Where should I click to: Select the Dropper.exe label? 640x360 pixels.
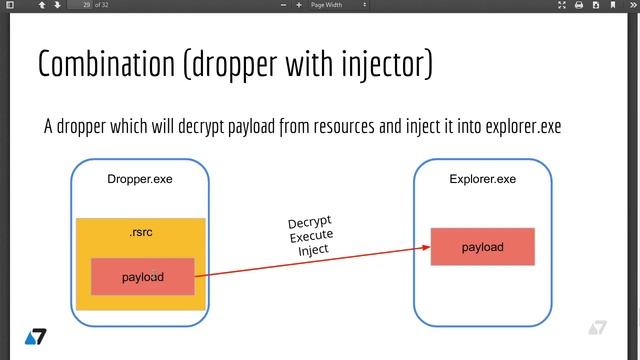140,180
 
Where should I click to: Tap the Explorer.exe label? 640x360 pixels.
483,180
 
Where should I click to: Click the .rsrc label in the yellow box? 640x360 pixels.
140,234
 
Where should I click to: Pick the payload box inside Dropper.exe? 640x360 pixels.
142,276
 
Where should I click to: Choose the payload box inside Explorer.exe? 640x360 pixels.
482,246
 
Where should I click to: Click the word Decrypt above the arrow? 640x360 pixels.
309,223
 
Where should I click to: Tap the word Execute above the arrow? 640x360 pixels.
311,236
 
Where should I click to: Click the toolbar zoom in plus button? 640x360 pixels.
299,6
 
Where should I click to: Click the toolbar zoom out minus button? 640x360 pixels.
284,6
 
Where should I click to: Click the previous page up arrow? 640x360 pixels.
41,6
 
